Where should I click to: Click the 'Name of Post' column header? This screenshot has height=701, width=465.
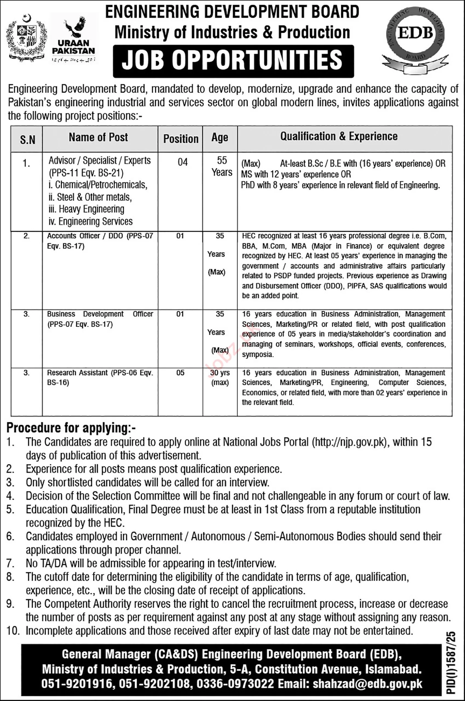[x=99, y=137]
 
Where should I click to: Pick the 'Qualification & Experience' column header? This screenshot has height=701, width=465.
[x=339, y=136]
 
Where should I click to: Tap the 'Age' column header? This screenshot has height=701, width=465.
[x=220, y=138]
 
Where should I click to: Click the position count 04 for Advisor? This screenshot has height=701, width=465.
[x=182, y=162]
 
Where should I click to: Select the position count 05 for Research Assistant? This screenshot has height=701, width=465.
[x=180, y=373]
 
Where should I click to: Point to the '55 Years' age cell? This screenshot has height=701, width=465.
[x=221, y=166]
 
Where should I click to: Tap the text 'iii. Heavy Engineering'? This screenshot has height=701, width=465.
[x=86, y=209]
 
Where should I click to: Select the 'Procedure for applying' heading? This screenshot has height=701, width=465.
[x=71, y=428]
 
